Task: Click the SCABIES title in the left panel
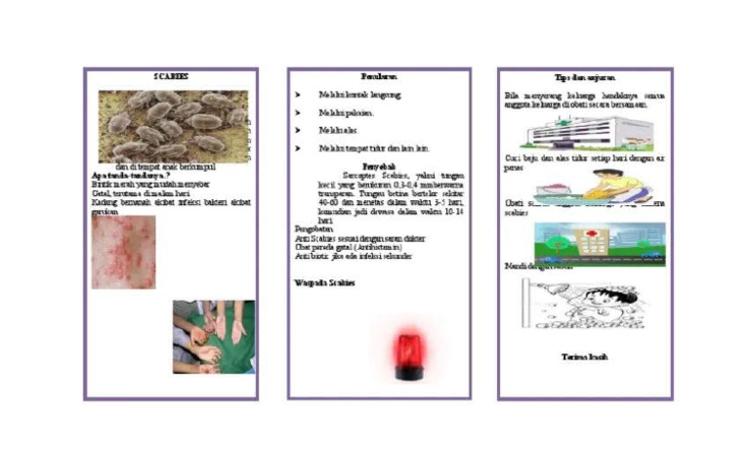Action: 171,76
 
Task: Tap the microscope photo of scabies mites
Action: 172,125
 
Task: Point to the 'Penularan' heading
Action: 379,76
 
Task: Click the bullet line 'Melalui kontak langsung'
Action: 359,95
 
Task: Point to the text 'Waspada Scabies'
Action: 325,282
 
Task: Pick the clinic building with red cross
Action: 599,244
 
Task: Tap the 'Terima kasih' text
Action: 585,357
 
